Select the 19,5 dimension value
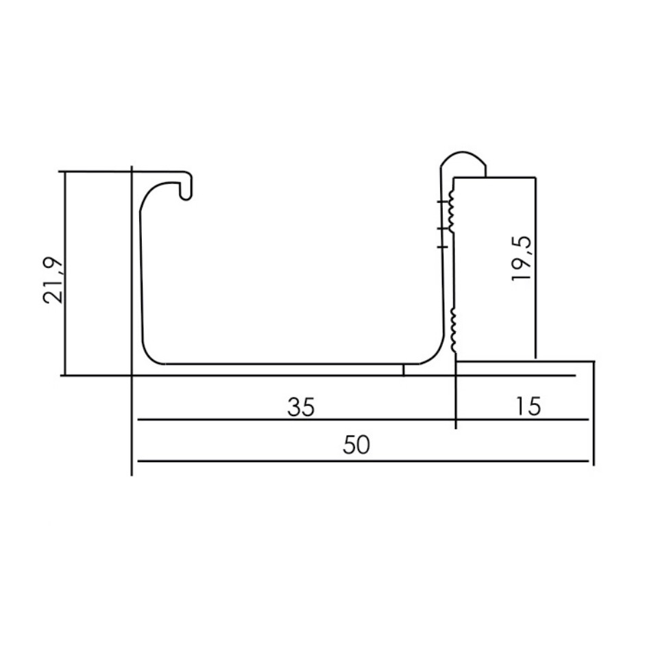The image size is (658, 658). point(522,260)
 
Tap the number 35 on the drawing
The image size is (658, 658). point(301,406)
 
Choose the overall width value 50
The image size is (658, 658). point(356,446)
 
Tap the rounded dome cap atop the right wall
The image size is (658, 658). point(463,162)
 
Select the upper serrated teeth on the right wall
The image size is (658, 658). point(452,210)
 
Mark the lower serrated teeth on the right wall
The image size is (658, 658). point(453,328)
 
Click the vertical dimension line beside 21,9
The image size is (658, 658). point(64,274)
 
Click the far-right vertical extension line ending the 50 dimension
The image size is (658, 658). point(594,411)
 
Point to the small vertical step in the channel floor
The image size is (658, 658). point(404,370)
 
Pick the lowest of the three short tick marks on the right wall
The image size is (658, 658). point(443,243)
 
